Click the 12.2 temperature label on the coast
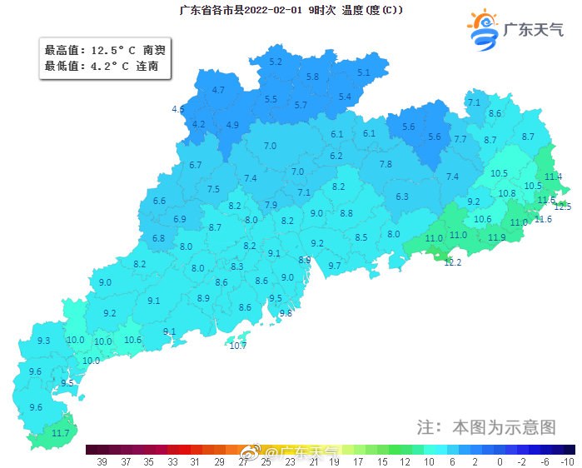pyautogui.click(x=452, y=262)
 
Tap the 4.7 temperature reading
pyautogui.click(x=219, y=89)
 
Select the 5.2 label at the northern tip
pyautogui.click(x=276, y=62)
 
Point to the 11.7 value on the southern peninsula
pyautogui.click(x=61, y=433)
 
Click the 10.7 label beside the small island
pyautogui.click(x=238, y=345)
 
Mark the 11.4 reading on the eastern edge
pyautogui.click(x=553, y=177)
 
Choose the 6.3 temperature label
pyautogui.click(x=402, y=197)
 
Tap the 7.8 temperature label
pyautogui.click(x=386, y=164)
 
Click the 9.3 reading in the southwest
pyautogui.click(x=44, y=341)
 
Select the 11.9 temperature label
pyautogui.click(x=497, y=237)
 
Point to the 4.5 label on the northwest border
pyautogui.click(x=178, y=109)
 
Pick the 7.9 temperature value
pyautogui.click(x=271, y=205)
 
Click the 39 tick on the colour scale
pyautogui.click(x=102, y=461)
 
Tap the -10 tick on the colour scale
pyautogui.click(x=568, y=461)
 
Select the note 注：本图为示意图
pyautogui.click(x=485, y=426)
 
